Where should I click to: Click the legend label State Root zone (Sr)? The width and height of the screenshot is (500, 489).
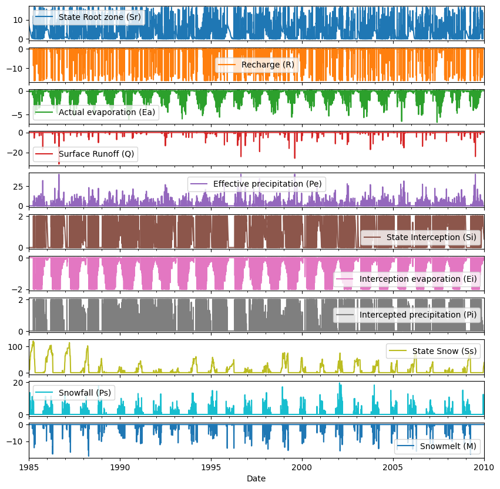click(x=99, y=17)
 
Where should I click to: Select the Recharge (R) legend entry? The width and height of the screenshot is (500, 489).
click(x=268, y=65)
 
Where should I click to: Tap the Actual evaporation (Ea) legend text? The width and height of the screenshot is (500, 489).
click(x=107, y=112)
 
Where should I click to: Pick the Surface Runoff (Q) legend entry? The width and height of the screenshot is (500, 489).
click(x=96, y=154)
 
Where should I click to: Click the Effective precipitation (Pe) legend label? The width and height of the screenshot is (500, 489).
click(x=267, y=184)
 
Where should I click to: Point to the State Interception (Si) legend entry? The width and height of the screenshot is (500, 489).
click(x=431, y=237)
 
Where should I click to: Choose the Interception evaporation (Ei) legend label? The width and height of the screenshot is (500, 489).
click(x=418, y=279)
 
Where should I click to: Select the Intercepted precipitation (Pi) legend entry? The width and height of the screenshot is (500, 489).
click(x=418, y=315)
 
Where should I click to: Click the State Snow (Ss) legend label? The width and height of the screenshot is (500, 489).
click(x=445, y=351)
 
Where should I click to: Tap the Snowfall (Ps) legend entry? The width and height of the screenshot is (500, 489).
click(x=85, y=393)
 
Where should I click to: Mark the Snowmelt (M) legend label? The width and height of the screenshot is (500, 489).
click(x=448, y=446)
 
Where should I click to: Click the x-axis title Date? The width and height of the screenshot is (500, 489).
click(x=256, y=478)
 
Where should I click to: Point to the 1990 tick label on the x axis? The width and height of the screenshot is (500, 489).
click(x=120, y=467)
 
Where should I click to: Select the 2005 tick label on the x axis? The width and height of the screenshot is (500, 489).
click(x=393, y=467)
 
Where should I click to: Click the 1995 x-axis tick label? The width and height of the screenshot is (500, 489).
click(x=211, y=467)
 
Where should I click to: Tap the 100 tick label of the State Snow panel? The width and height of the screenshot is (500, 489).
click(x=15, y=347)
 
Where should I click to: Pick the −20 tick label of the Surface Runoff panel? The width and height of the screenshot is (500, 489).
click(x=15, y=153)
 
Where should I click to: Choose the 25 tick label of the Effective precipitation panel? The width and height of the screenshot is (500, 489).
click(x=18, y=186)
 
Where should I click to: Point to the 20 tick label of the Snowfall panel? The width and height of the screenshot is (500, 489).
click(x=18, y=383)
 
